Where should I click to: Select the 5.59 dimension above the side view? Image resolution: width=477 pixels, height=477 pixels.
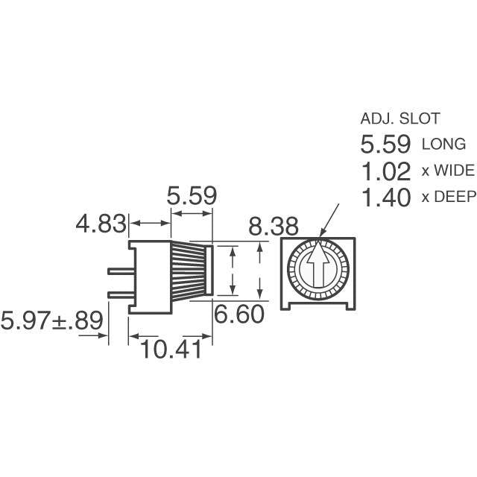(x=192, y=197)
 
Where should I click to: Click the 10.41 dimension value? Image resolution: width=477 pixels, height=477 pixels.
(x=171, y=347)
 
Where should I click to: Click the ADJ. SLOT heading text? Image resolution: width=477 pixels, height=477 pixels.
(x=400, y=118)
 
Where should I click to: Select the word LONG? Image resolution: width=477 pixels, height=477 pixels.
(x=444, y=145)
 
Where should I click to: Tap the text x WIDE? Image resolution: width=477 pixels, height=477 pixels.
(x=448, y=171)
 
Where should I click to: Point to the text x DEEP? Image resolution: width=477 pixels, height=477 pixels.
(x=448, y=198)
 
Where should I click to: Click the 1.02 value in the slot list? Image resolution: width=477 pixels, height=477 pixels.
(x=385, y=171)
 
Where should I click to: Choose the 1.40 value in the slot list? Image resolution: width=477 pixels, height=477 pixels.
(x=385, y=198)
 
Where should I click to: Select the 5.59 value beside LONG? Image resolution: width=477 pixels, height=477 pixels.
(x=385, y=144)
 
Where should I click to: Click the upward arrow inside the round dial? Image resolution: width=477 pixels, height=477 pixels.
(x=318, y=267)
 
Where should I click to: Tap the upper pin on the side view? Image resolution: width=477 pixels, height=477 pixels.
(x=118, y=271)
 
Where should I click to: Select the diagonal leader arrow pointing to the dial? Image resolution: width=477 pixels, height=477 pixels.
(x=326, y=222)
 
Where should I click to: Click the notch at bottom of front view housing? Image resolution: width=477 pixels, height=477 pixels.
(x=318, y=306)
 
